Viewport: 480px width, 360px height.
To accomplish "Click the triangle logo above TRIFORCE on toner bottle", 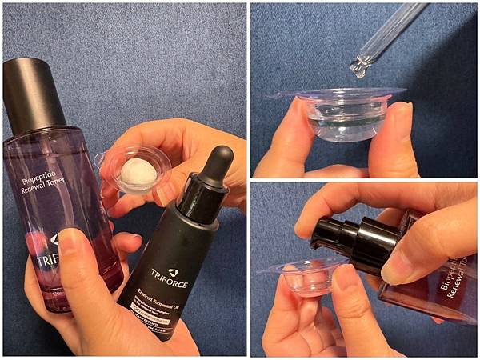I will [x=54, y=239].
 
